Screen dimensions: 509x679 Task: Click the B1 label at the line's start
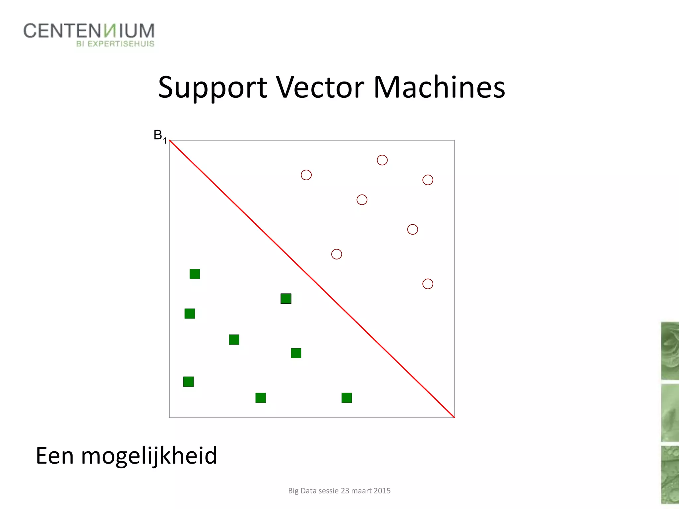coord(159,136)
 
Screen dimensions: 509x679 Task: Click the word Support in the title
coord(212,87)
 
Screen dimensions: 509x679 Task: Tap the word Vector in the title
coord(320,87)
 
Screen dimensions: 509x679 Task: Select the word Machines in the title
coord(439,87)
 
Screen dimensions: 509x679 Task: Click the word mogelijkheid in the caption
coord(149,456)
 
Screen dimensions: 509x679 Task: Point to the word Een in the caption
coord(54,456)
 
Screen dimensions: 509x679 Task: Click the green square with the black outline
coord(286,299)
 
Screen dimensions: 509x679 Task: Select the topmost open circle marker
coord(382,160)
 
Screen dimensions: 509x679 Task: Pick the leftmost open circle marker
coord(306,175)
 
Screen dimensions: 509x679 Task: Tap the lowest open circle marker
coord(428,284)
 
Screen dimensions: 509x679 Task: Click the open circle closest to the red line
coord(337,254)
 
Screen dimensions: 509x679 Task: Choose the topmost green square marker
coord(195,274)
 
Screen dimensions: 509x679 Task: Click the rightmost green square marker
coord(346,397)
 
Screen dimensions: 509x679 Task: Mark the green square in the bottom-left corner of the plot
coord(188,381)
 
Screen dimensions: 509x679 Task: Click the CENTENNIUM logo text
coord(89,31)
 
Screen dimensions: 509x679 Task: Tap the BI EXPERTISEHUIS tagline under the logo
coord(115,44)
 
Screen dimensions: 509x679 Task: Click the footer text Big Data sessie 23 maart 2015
coord(339,491)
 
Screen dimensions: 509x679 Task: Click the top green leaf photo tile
coord(670,351)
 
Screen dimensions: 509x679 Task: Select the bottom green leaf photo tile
coord(670,475)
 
